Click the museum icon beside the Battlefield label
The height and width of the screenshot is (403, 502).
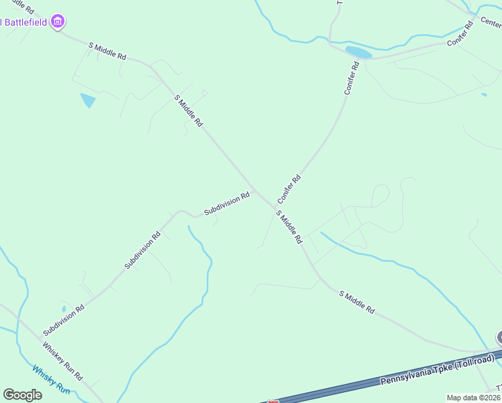click(58, 21)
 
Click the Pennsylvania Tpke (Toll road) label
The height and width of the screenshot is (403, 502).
click(437, 371)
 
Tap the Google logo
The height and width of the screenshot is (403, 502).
click(22, 394)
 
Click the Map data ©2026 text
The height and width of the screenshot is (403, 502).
click(474, 398)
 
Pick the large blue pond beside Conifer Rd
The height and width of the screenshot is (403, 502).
click(358, 52)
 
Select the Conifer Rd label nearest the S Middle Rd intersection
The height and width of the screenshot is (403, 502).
click(289, 189)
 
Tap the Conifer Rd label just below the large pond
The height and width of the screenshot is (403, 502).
click(352, 78)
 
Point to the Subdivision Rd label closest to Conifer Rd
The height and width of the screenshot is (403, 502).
click(227, 204)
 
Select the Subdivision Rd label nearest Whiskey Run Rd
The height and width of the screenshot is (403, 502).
click(64, 320)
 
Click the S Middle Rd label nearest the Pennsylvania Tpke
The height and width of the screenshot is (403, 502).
click(356, 303)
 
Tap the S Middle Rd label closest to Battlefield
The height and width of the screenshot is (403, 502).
click(107, 51)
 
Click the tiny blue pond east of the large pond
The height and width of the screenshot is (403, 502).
click(484, 94)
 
